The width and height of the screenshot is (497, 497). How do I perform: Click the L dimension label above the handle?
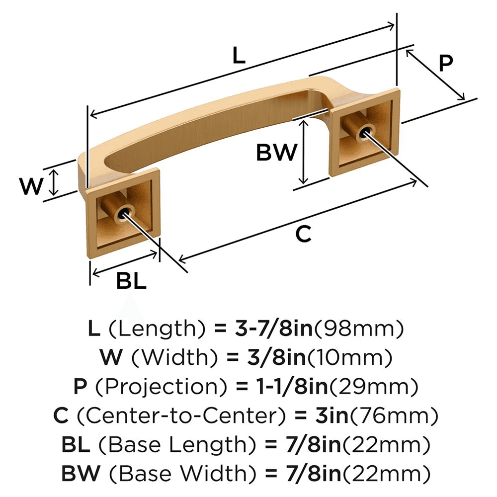click(239, 56)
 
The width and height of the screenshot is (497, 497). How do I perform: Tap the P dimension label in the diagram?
click(446, 63)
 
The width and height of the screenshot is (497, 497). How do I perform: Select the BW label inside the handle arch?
click(276, 153)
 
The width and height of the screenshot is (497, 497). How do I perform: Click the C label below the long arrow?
click(303, 234)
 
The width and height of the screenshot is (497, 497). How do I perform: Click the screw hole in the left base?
click(122, 214)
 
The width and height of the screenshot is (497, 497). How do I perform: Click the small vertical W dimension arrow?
click(55, 182)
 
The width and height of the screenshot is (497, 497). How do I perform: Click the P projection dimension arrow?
click(435, 74)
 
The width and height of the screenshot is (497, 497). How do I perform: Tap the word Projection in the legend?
click(145, 386)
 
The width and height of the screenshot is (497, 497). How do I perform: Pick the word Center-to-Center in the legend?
click(192, 414)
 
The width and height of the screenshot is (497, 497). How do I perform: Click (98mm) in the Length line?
click(359, 329)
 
